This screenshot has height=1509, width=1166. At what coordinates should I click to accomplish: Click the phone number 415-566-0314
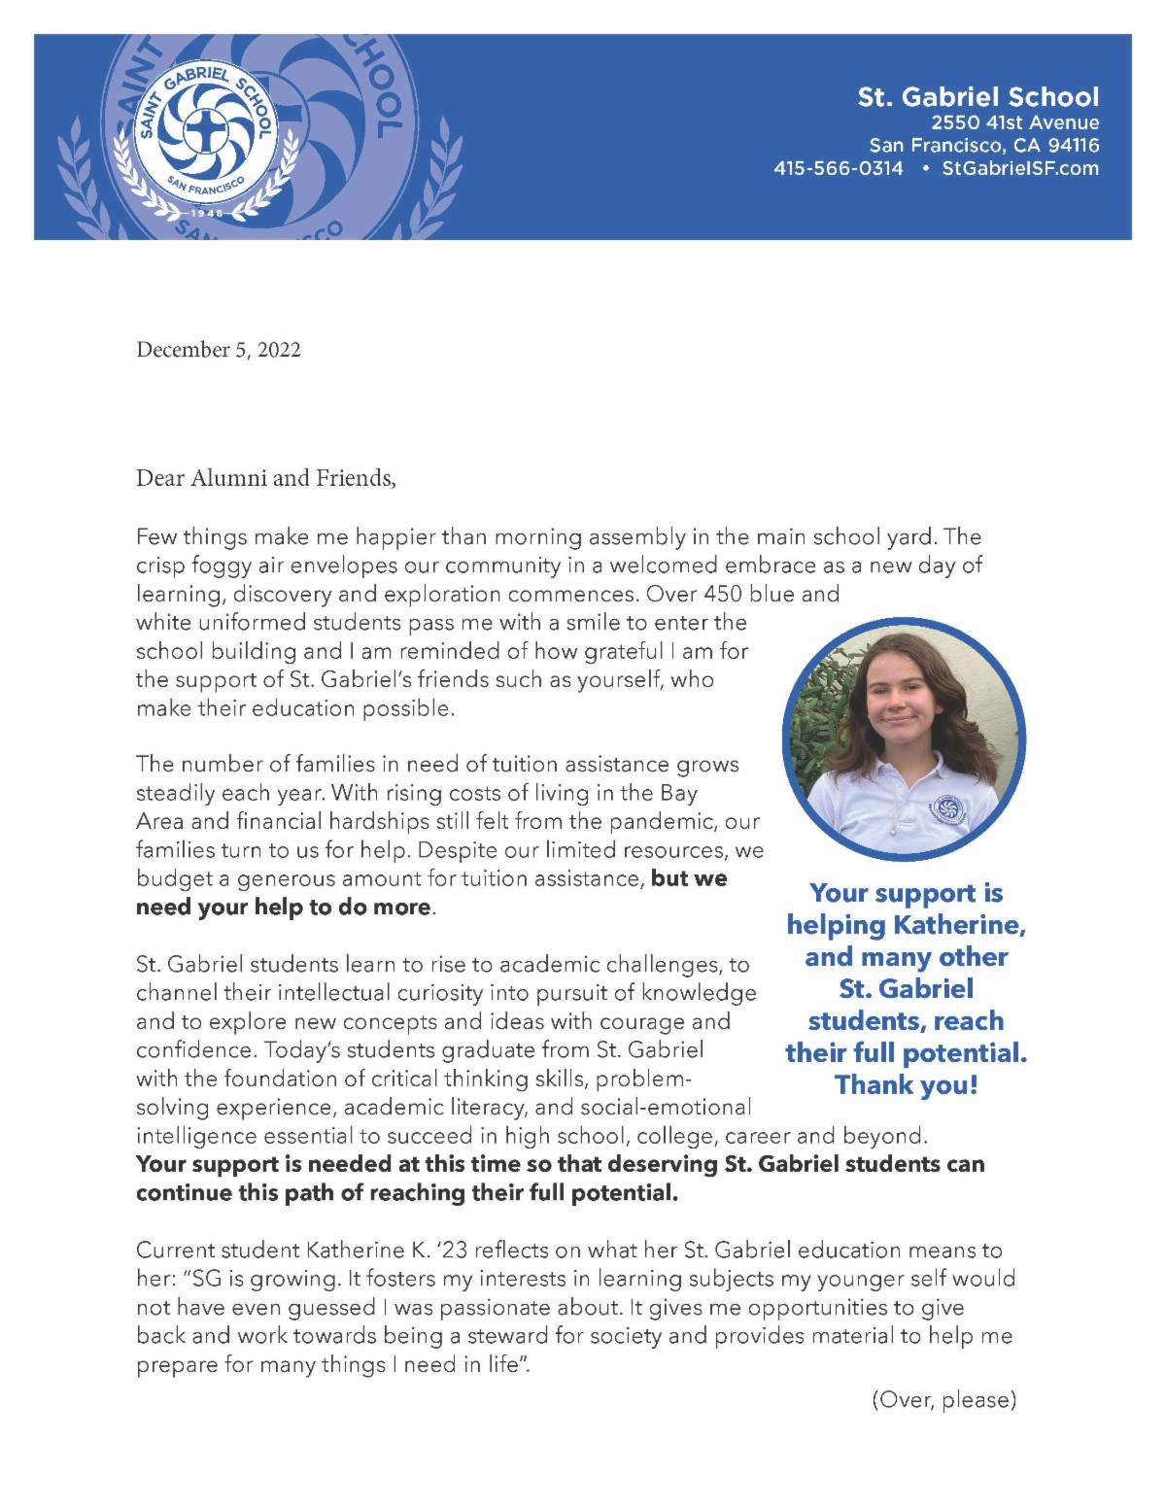pyautogui.click(x=838, y=168)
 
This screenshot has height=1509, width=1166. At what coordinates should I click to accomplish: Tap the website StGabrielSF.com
pyautogui.click(x=1020, y=168)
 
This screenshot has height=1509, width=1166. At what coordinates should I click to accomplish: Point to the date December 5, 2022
pyautogui.click(x=218, y=350)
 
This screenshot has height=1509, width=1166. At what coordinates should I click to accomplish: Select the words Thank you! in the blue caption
pyautogui.click(x=906, y=1085)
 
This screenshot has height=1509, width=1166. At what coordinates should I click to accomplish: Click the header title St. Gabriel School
pyautogui.click(x=977, y=96)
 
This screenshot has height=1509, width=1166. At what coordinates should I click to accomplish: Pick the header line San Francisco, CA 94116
pyautogui.click(x=983, y=146)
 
